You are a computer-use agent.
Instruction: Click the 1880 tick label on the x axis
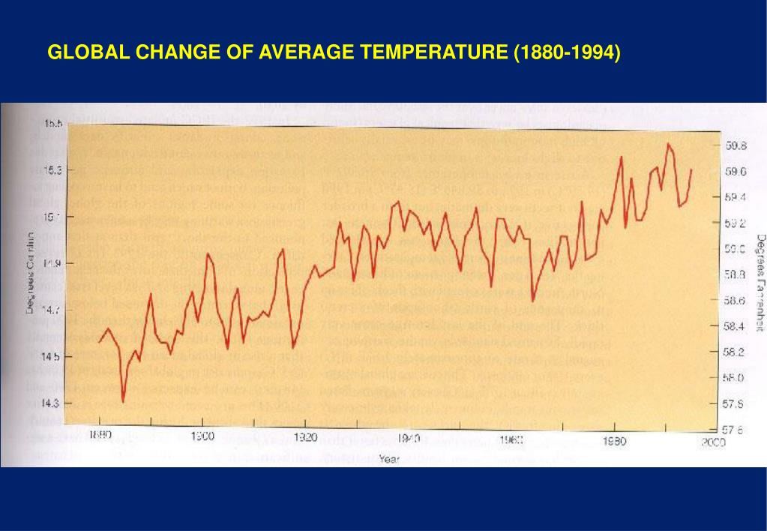100,436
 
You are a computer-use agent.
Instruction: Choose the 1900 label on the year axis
203,436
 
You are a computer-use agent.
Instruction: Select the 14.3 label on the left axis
49,403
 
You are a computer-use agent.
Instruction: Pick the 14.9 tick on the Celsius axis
52,263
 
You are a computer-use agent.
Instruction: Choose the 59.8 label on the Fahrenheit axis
736,145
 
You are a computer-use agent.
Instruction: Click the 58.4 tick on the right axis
736,327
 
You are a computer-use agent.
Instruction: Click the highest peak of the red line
667,143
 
